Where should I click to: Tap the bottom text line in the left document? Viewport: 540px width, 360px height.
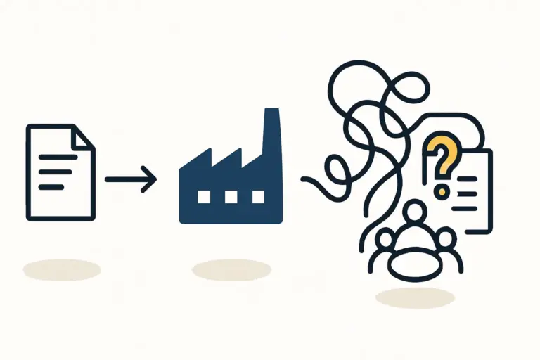click(51, 186)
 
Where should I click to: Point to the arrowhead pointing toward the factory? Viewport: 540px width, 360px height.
click(149, 179)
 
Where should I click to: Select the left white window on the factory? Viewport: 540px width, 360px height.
click(204, 196)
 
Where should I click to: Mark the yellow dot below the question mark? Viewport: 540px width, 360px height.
click(442, 190)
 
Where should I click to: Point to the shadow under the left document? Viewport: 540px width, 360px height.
click(61, 269)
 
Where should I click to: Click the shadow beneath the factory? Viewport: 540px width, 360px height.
click(231, 270)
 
